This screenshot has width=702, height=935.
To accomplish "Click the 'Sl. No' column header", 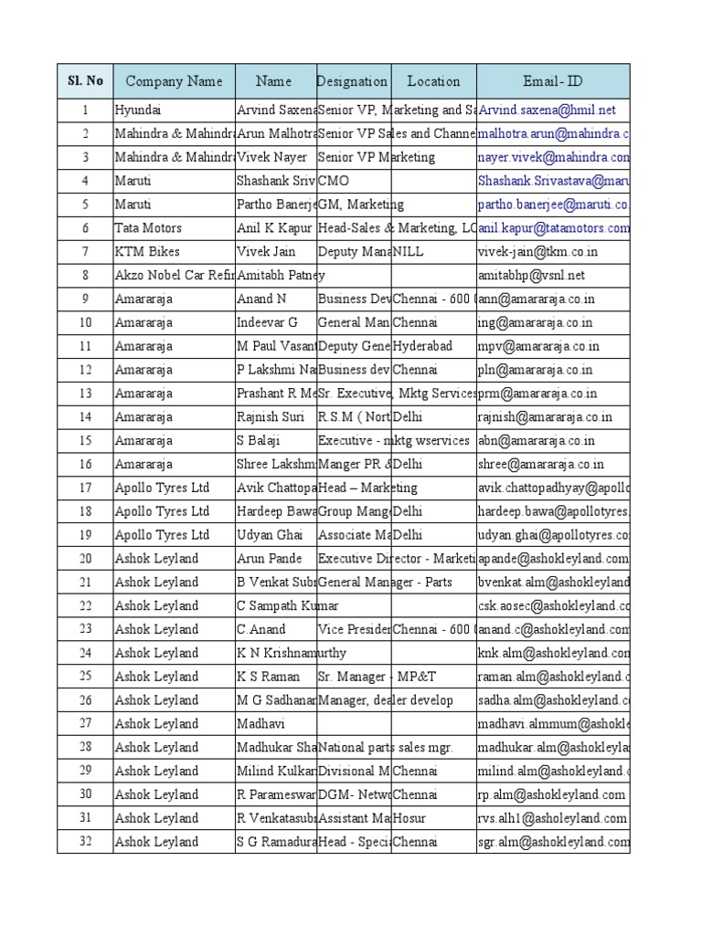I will point(85,81).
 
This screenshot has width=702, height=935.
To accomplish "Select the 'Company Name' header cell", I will point(174,81).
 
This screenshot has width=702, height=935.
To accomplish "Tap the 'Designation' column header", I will point(353,81).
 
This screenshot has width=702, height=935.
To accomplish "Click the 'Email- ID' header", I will point(552,81).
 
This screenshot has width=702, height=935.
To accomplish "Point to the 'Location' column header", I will point(433,81).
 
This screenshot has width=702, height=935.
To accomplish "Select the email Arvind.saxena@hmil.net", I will point(547,110).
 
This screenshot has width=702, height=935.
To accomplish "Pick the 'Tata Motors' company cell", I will point(148,228).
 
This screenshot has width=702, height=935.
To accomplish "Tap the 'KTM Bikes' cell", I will point(147,252).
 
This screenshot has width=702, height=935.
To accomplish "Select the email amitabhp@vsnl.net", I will point(531,276).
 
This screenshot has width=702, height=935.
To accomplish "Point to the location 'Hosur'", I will point(409,818).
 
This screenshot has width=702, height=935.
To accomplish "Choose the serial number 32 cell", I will point(85,842).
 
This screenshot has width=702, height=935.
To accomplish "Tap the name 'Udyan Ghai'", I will point(270,535).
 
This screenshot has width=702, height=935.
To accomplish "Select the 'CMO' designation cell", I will point(334,181).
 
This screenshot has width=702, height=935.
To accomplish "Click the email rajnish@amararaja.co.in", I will point(545,417).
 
